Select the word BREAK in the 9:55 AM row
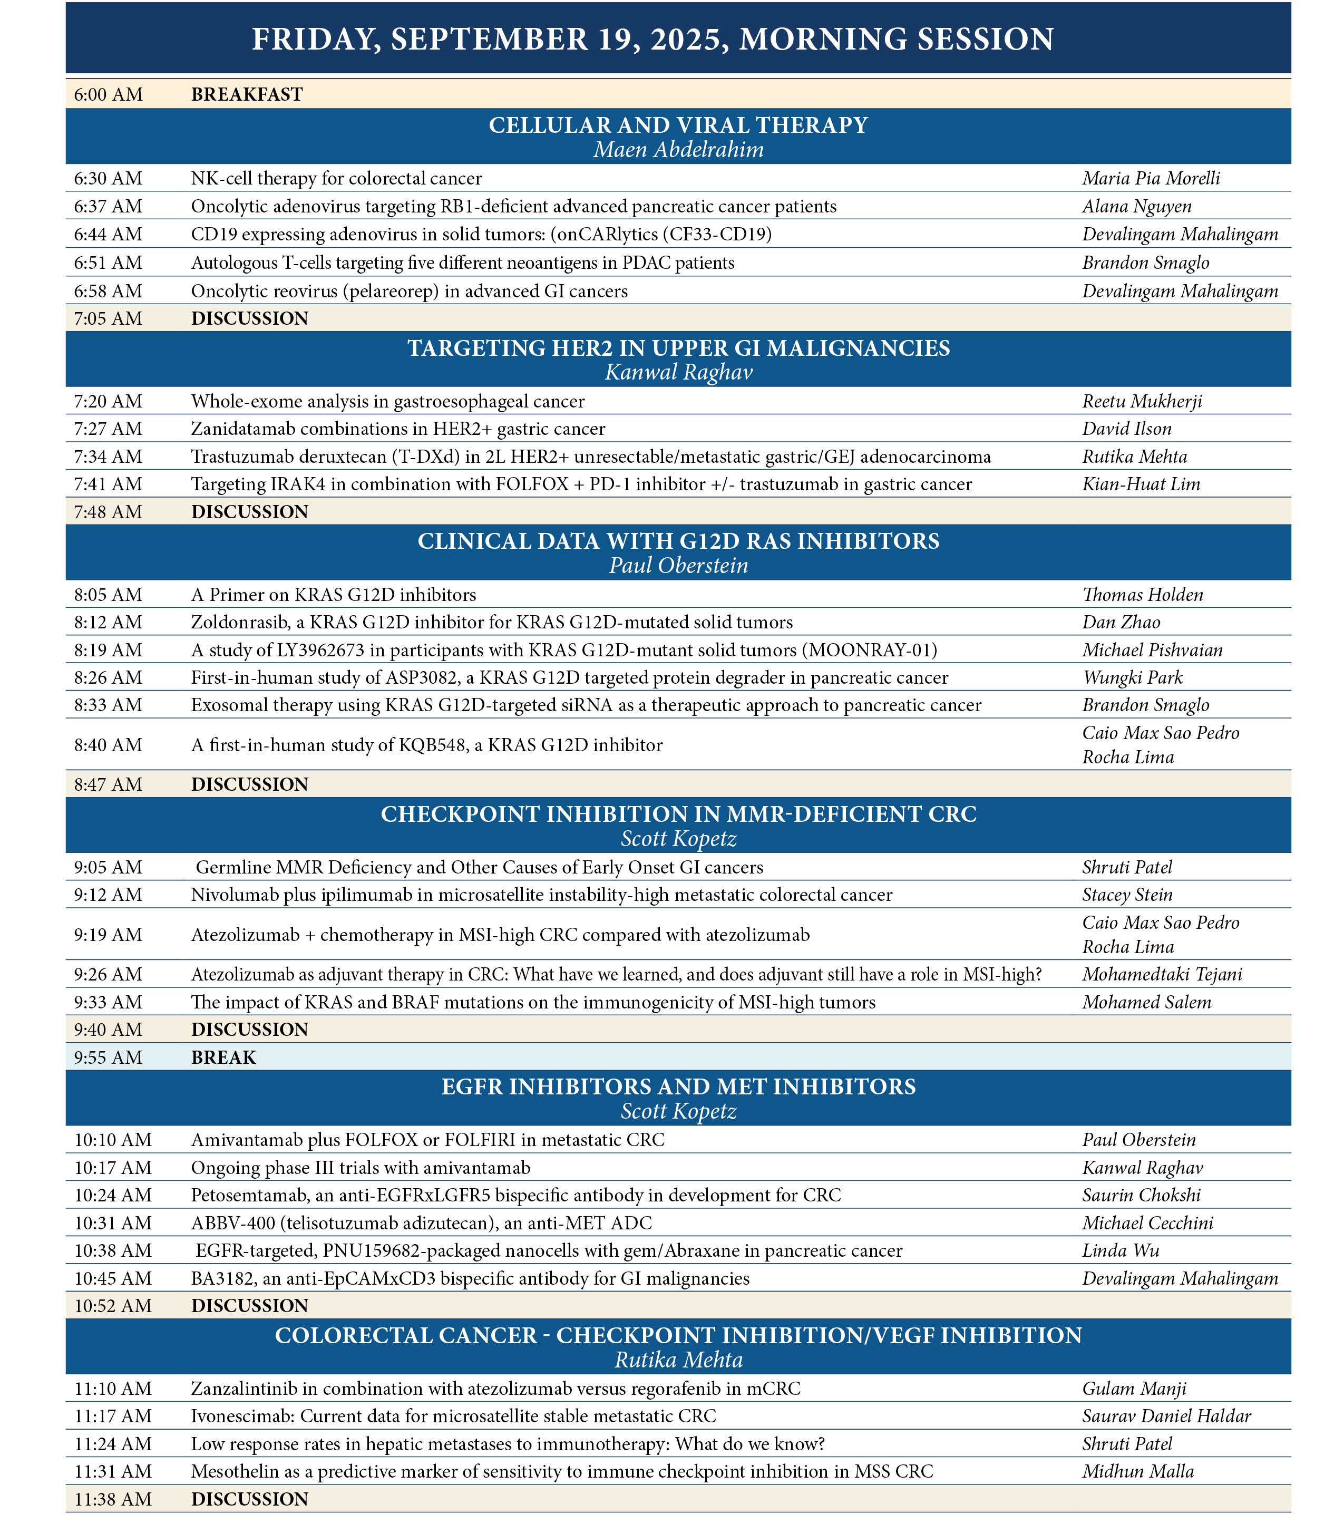[223, 1057]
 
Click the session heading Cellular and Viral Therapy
[678, 125]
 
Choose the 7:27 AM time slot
[108, 429]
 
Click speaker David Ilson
[1126, 429]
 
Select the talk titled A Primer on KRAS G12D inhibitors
[333, 595]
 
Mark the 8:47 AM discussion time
[108, 784]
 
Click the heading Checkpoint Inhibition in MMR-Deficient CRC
[678, 814]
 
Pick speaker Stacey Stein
[1127, 895]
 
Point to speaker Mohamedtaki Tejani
[1162, 974]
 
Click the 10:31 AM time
[113, 1223]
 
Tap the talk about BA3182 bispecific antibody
[470, 1278]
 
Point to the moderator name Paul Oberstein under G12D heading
[678, 566]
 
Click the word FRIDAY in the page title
[316, 39]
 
